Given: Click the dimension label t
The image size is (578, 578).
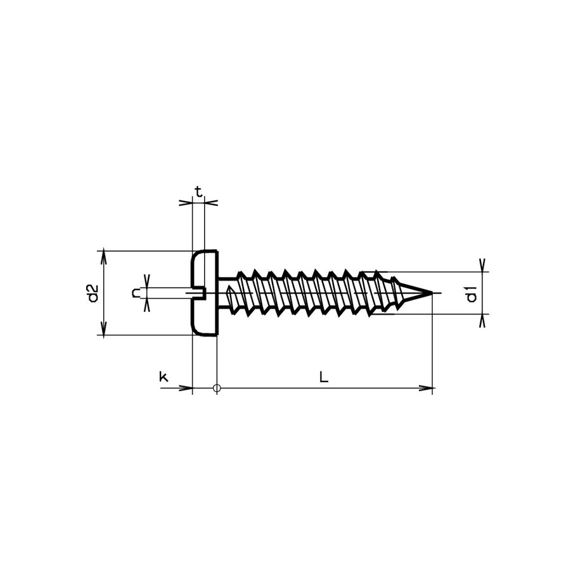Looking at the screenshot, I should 198,191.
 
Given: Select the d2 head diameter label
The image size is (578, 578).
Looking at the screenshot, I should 93,293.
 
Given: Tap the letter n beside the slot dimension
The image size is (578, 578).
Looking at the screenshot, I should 135,293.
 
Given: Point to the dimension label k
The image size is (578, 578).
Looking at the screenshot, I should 163,377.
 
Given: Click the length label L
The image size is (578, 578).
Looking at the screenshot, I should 323,377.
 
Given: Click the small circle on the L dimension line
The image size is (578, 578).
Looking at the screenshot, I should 217,388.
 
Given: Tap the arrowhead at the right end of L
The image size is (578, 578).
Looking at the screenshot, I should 428,388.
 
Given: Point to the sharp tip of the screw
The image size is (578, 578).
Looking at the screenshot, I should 432,293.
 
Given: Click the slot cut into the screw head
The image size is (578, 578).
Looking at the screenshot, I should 198,293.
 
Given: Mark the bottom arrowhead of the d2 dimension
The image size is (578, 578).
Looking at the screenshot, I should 103,330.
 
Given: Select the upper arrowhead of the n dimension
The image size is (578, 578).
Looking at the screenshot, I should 147,282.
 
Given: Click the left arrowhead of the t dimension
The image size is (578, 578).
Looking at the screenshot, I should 186,203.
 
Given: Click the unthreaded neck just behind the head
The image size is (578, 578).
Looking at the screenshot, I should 226,293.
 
